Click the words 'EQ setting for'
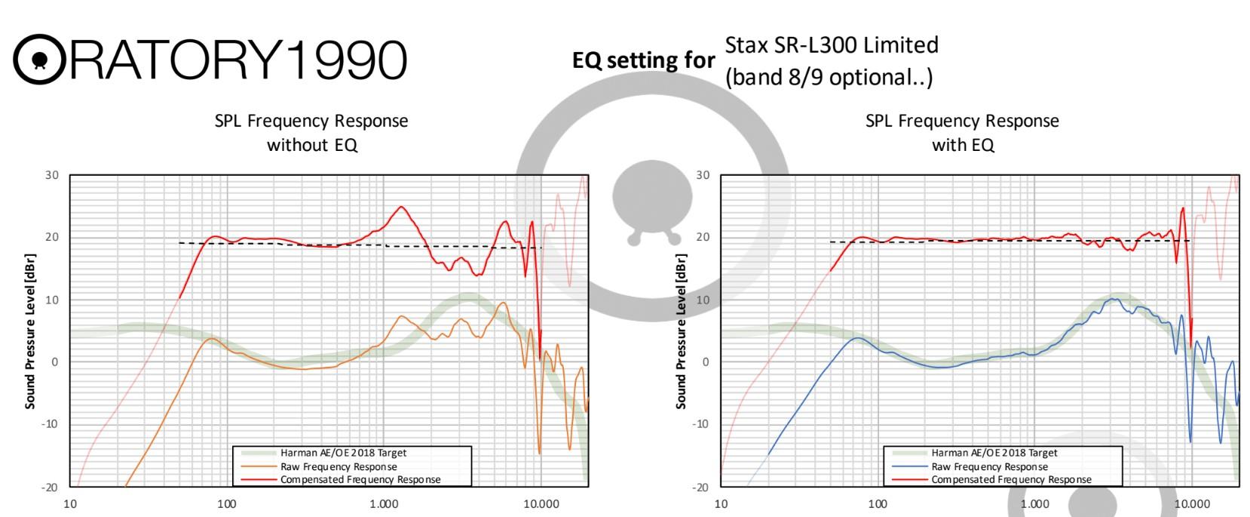click(x=643, y=60)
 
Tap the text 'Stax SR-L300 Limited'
click(x=831, y=45)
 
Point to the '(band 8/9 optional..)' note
click(x=829, y=78)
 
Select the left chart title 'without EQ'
click(x=311, y=145)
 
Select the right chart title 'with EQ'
click(x=963, y=145)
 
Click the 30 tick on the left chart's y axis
click(x=51, y=175)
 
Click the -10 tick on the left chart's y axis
click(x=49, y=424)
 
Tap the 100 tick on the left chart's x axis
click(x=226, y=504)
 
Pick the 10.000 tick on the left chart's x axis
click(x=541, y=504)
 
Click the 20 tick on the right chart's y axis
click(x=703, y=237)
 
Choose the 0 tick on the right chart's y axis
click(x=706, y=362)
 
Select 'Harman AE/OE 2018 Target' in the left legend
click(x=343, y=454)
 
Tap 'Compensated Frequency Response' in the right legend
click(x=1011, y=479)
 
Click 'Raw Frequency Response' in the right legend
click(x=989, y=466)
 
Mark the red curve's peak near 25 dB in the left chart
click(x=401, y=207)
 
